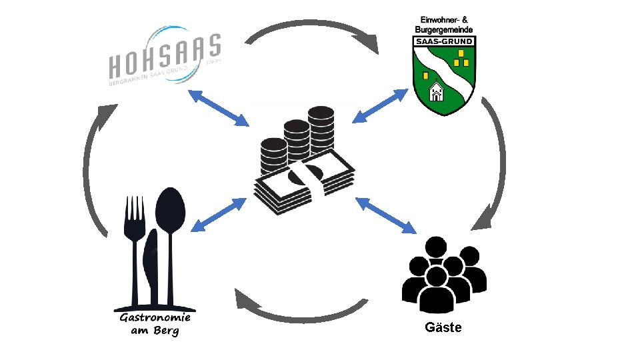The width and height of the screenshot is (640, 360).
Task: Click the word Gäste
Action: point(443,327)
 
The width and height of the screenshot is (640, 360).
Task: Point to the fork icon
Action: point(135,247)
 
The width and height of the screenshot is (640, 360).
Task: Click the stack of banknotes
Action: point(303,183)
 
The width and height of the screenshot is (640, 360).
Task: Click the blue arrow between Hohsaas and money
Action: point(219,107)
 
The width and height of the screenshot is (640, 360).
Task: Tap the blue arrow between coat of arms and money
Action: point(379,106)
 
